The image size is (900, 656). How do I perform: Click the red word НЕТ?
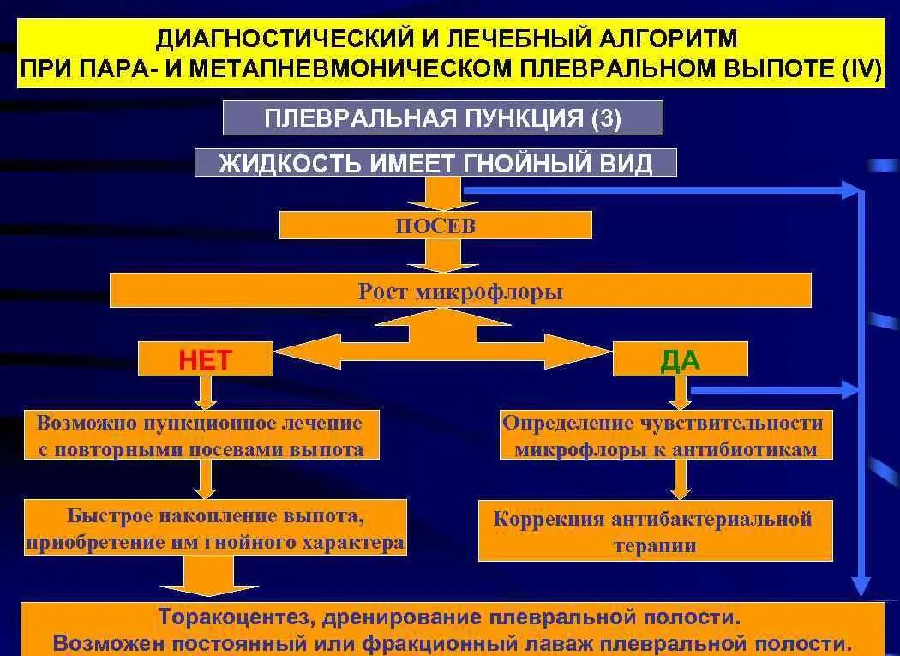tap(206, 359)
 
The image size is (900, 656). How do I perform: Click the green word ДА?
tap(681, 360)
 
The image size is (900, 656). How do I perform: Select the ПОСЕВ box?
tap(435, 226)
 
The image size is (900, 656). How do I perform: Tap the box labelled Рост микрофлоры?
tap(460, 292)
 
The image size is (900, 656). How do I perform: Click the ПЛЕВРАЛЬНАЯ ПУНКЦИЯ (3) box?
tap(442, 118)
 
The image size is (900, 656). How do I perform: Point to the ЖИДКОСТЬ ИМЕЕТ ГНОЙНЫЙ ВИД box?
tap(435, 163)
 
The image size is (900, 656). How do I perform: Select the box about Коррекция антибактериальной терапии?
tap(655, 532)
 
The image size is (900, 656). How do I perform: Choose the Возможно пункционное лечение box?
tap(201, 436)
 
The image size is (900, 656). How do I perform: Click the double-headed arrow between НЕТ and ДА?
tap(443, 346)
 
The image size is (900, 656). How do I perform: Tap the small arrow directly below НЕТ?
tap(206, 393)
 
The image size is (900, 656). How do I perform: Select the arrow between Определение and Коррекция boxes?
tap(680, 479)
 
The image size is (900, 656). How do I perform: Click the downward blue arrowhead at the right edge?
tap(861, 587)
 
